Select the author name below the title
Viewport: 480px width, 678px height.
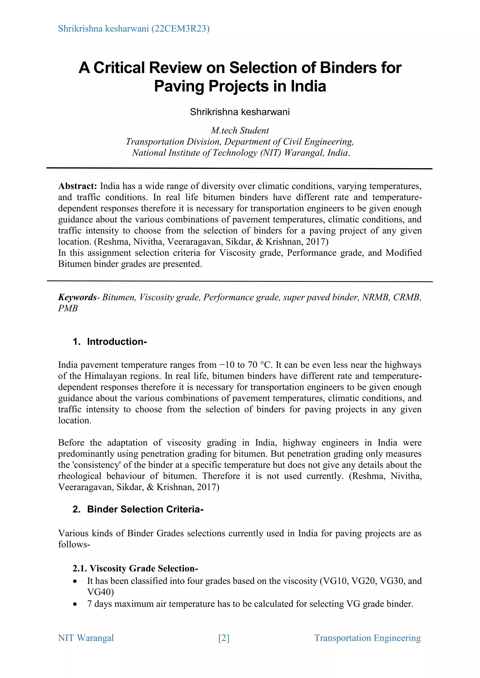[x=240, y=112]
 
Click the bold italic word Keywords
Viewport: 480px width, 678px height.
[x=77, y=297]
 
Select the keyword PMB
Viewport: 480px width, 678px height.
[x=68, y=308]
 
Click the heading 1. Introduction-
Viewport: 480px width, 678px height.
[x=110, y=342]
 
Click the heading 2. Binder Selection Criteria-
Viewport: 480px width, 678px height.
[x=138, y=509]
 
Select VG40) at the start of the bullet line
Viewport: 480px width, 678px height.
[x=101, y=592]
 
